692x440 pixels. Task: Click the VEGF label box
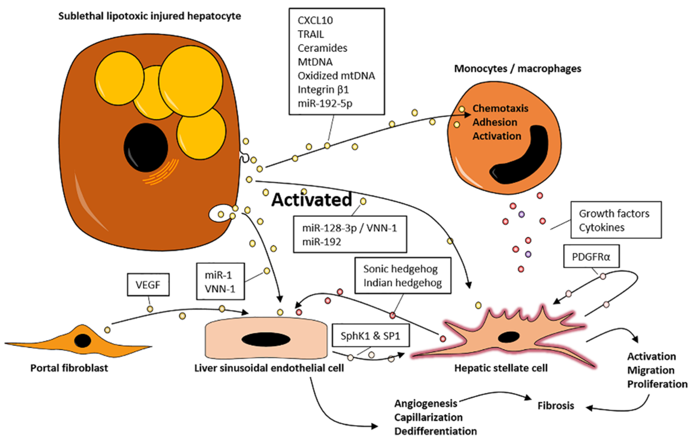tap(148, 285)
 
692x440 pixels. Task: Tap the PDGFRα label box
tap(591, 256)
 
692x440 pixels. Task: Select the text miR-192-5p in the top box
tap(325, 103)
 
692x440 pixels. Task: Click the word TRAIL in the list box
tap(311, 34)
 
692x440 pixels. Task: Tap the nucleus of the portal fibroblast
tap(83, 341)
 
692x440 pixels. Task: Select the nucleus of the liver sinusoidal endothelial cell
tap(266, 339)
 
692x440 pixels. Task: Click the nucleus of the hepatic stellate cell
tap(508, 337)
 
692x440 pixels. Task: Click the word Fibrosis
tap(555, 406)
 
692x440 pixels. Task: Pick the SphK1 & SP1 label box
tap(370, 335)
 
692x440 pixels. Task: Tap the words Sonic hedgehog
tap(400, 269)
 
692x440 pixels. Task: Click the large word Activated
tap(312, 200)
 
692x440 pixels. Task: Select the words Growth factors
tap(614, 214)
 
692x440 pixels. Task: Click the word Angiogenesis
tap(425, 403)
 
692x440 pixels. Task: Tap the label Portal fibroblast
tap(69, 368)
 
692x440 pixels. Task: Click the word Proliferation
tap(657, 384)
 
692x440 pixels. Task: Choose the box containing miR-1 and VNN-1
tap(220, 282)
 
